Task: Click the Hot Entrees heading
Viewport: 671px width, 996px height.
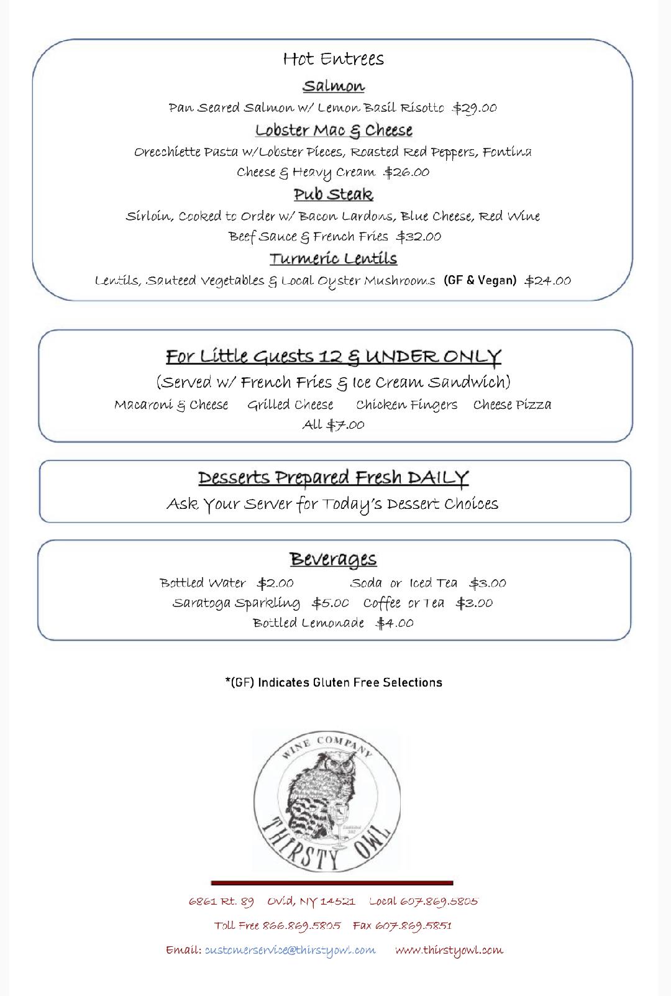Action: tap(334, 59)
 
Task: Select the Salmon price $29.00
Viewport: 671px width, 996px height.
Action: tap(475, 108)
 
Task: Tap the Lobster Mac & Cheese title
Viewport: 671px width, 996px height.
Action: tap(334, 130)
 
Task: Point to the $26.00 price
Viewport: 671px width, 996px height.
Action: tap(406, 172)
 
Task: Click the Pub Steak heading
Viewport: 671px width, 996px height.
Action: tap(334, 194)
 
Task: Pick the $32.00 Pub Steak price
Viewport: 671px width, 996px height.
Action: tap(419, 237)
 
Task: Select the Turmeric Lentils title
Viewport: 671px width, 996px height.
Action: tap(334, 258)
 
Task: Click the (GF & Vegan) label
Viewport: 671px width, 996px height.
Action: tap(480, 280)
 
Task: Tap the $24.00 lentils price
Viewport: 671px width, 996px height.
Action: tap(547, 281)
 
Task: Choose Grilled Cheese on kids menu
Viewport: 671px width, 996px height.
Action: tap(290, 405)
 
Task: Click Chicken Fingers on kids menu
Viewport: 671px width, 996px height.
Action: tap(406, 405)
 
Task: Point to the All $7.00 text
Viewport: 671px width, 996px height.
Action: tap(334, 425)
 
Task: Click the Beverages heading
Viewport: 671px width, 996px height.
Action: tap(334, 559)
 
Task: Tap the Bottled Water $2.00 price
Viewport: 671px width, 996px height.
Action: tap(275, 583)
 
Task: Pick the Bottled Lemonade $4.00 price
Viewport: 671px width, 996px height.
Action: tap(395, 623)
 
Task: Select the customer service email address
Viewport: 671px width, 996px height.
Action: tap(290, 950)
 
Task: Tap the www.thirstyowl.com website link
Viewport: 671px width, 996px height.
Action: tap(449, 950)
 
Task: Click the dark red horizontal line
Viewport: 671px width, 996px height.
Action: tap(332, 882)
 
